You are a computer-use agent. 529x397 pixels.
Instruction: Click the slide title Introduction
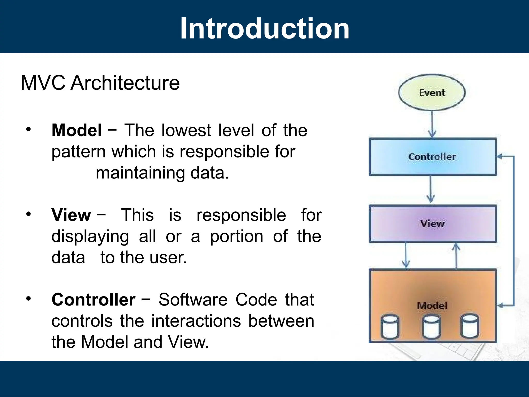pyautogui.click(x=264, y=28)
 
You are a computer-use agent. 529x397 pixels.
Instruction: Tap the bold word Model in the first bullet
pyautogui.click(x=77, y=130)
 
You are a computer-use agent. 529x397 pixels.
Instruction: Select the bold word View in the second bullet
pyautogui.click(x=71, y=215)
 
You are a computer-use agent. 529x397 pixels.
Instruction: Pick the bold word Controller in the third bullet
pyautogui.click(x=94, y=300)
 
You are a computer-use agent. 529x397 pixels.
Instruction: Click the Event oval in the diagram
pyautogui.click(x=432, y=93)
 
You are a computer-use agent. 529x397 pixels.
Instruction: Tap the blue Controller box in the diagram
pyautogui.click(x=432, y=157)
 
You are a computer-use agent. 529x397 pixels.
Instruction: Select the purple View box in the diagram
pyautogui.click(x=432, y=224)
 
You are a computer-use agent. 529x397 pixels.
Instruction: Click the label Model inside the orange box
pyautogui.click(x=432, y=306)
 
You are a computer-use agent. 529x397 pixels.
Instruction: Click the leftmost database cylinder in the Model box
pyautogui.click(x=390, y=326)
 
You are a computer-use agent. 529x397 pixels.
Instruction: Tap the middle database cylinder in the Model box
pyautogui.click(x=431, y=326)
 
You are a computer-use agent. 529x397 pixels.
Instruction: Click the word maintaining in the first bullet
pyautogui.click(x=140, y=173)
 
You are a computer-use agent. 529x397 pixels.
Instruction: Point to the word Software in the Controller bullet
pyautogui.click(x=193, y=300)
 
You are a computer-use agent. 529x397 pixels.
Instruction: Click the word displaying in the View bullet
pyautogui.click(x=90, y=237)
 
